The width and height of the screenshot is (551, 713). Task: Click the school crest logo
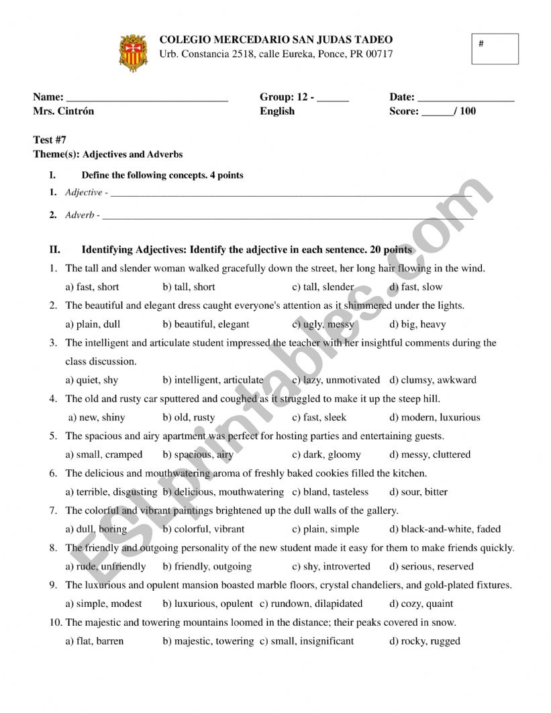[133, 52]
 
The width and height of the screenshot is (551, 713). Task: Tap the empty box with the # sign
[495, 49]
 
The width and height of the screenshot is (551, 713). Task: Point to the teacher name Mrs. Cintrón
[64, 111]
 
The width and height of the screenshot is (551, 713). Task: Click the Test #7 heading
[50, 140]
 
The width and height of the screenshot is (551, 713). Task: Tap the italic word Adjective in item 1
[83, 193]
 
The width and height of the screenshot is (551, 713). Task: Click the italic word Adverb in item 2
[80, 216]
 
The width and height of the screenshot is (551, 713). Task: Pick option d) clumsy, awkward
[433, 380]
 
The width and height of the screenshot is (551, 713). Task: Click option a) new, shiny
[97, 418]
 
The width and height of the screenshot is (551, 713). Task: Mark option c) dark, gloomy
[326, 455]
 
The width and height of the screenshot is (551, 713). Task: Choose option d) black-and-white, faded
[445, 529]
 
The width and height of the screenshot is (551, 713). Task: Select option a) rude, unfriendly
[105, 567]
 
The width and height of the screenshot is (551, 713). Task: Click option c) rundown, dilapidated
[311, 604]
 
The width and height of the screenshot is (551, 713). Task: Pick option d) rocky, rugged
[425, 641]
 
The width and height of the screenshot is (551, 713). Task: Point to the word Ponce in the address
[328, 54]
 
